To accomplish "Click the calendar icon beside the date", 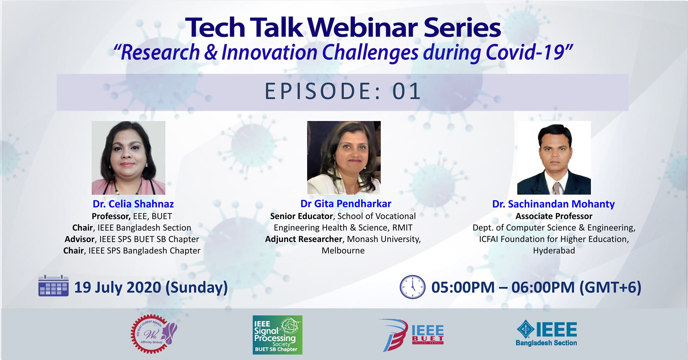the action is click(54, 286).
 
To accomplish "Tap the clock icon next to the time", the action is click(413, 287).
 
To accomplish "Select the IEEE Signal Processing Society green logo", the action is click(277, 335).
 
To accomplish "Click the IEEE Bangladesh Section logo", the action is click(547, 333).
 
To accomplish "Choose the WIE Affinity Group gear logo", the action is click(154, 334).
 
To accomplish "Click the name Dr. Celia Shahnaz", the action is click(133, 204).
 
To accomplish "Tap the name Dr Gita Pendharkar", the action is click(346, 204).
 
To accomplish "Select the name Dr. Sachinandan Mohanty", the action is click(554, 204).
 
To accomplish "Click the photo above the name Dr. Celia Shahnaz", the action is click(128, 158).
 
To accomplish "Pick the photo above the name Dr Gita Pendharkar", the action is click(344, 158).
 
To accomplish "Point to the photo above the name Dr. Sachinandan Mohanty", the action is click(554, 158).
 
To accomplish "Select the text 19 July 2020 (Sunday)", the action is click(151, 288).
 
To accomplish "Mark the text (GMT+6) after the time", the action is click(610, 288).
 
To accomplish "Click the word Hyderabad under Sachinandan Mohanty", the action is click(554, 251).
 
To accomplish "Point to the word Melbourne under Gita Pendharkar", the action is click(343, 250).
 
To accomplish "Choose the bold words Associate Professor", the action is click(554, 216).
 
